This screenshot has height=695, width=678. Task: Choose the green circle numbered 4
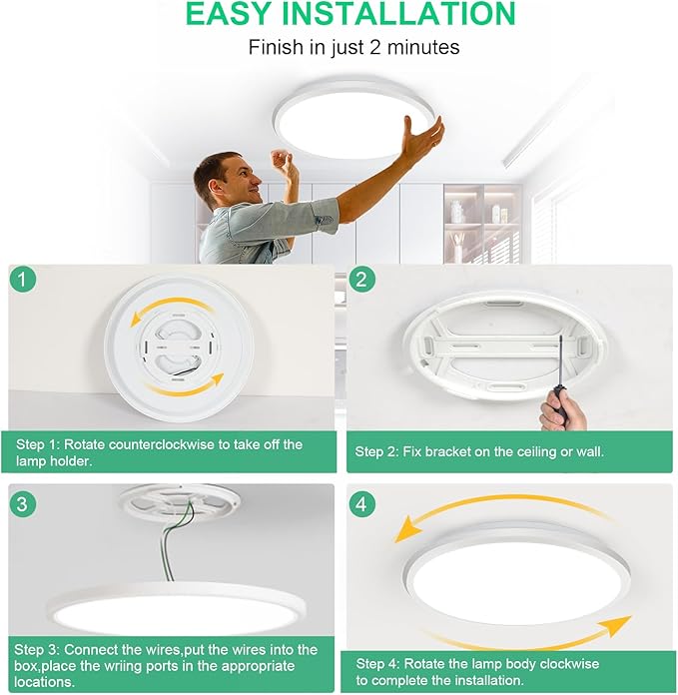[x=363, y=503]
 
